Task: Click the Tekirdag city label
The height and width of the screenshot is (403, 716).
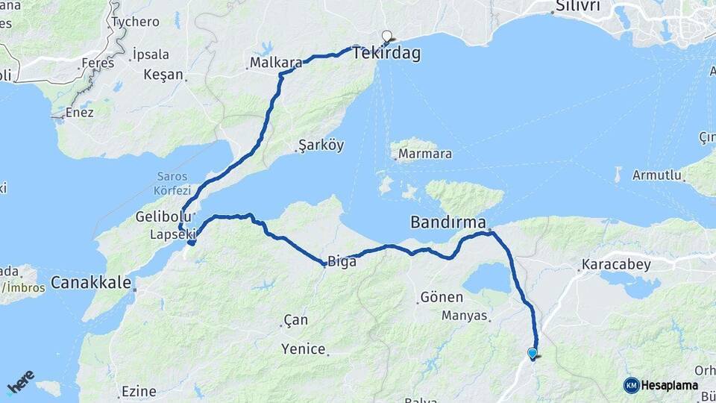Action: coord(386,54)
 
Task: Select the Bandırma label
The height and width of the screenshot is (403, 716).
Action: coord(448,222)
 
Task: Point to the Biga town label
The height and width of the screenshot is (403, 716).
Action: coord(342,261)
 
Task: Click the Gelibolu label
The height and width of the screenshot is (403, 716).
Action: coord(159,216)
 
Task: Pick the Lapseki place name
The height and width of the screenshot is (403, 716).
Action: coord(172,234)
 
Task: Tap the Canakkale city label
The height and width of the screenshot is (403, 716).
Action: coord(91,283)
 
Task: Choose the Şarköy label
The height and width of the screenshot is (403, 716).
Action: coord(321,146)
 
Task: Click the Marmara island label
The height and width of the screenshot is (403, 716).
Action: coord(425,155)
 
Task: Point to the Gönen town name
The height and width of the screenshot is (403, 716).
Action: coord(437,297)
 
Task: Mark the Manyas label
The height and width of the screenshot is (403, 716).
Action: coord(464,316)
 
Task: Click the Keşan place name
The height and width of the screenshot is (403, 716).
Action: coord(163,75)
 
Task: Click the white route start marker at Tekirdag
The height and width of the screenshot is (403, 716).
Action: coord(386,34)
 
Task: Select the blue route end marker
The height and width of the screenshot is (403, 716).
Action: coord(532,353)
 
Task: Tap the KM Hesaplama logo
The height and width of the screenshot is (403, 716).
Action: coord(661,385)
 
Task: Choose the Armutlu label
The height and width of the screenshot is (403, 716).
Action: coord(657,175)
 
